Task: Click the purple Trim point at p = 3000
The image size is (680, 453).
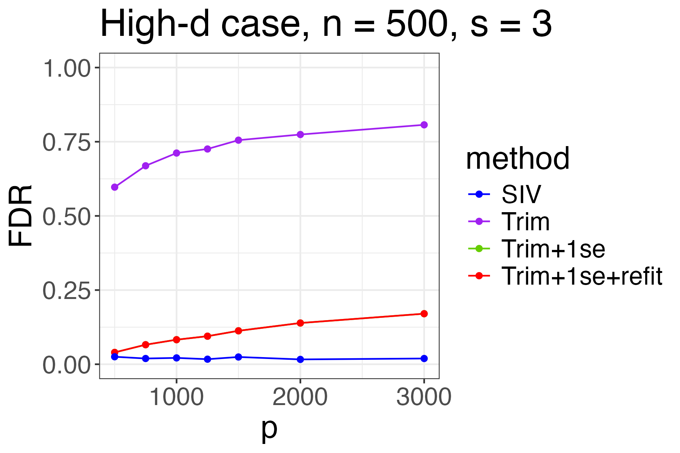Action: pos(424,125)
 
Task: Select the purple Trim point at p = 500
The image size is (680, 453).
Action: pos(115,187)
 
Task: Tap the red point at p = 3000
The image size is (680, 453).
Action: pos(424,314)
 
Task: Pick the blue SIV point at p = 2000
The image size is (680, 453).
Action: pos(300,359)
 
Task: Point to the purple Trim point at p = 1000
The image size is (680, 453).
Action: pos(176,153)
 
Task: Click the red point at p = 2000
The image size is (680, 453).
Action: pos(300,323)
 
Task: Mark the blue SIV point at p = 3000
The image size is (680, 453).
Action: pos(424,359)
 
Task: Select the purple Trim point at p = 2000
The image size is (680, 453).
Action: pos(300,134)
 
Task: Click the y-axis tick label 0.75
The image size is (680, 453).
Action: pos(67,143)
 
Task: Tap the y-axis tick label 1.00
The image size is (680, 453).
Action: pos(67,69)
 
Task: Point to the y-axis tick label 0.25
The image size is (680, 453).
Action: pos(67,291)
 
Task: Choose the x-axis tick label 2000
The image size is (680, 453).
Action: pos(300,398)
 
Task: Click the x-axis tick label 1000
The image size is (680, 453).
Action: pos(176,398)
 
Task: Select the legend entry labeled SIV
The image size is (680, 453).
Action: pos(521,194)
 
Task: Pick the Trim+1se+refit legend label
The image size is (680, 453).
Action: pos(581,276)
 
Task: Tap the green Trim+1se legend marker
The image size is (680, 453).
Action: pos(479,249)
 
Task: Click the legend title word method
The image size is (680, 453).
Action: pos(518,159)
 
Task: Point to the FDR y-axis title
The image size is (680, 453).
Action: pos(21,216)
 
